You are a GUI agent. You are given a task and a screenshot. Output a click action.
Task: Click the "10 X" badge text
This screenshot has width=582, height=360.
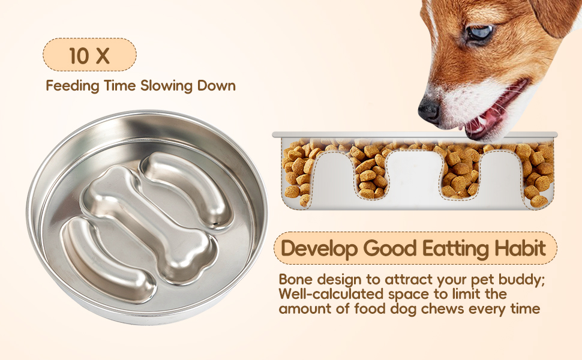pyautogui.click(x=89, y=55)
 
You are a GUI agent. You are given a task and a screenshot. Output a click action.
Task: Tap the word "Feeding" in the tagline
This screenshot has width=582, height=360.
pyautogui.click(x=73, y=86)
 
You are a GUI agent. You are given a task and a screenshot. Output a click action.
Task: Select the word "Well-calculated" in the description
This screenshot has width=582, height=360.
pyautogui.click(x=331, y=293)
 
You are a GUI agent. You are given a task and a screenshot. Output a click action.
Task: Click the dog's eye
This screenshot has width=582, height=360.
pyautogui.click(x=480, y=32)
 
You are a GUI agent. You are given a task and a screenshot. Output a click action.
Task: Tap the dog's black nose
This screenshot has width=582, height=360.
pyautogui.click(x=429, y=109)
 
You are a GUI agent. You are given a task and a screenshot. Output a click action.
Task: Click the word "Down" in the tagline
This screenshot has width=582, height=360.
pyautogui.click(x=217, y=86)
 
